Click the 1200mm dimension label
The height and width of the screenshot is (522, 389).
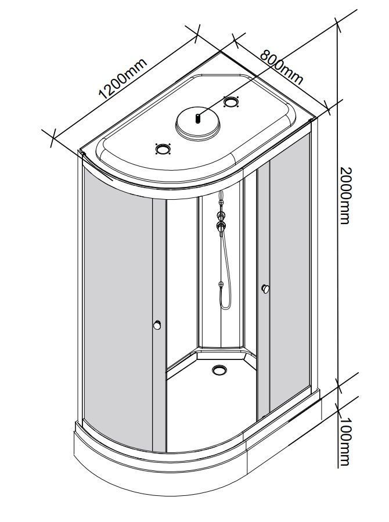coord(123,79)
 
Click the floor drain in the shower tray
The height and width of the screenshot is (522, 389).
coord(219,369)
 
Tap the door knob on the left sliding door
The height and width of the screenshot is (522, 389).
coord(157,325)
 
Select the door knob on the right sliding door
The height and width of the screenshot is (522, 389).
coord(265,289)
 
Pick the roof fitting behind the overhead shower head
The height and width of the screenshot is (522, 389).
coord(231,101)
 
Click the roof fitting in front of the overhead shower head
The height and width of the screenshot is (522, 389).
coord(163,149)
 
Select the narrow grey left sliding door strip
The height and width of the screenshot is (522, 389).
coord(160,325)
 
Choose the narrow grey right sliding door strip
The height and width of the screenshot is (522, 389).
coord(263,293)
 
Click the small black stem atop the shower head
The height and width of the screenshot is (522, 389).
coord(197,118)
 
